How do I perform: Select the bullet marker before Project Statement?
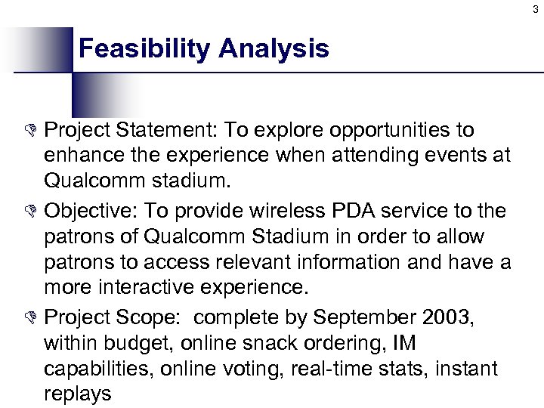32,131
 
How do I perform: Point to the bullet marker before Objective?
32,209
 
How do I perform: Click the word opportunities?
369,131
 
